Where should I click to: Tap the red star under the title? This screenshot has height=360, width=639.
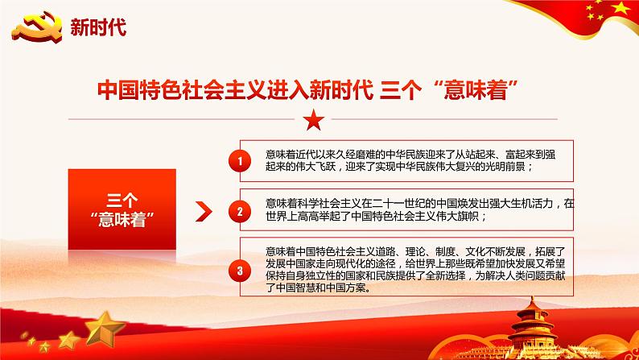tap(315, 121)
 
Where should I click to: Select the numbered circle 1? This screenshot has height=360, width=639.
tap(239, 163)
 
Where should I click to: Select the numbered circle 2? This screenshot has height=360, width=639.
tap(239, 213)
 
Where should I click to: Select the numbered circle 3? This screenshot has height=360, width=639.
tap(239, 269)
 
